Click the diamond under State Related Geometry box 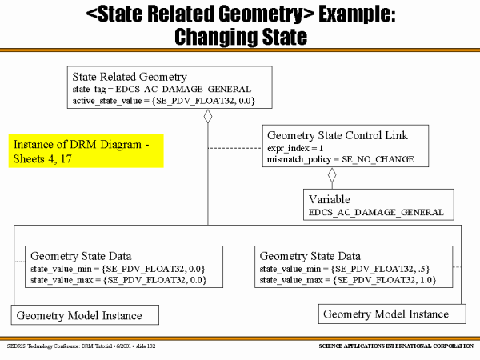point(208,118)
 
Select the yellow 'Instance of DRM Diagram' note point(87,150)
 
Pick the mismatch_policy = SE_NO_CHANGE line point(340,159)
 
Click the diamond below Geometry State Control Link point(333,175)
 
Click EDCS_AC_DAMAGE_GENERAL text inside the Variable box point(375,212)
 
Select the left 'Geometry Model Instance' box point(79,315)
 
